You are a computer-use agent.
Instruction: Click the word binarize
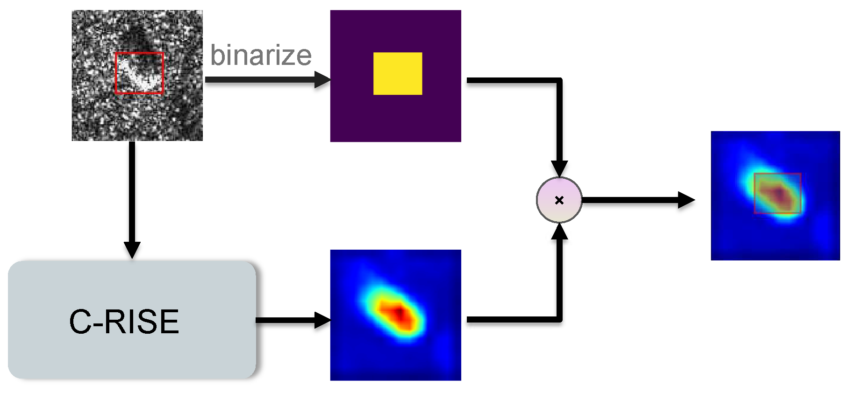tap(261, 56)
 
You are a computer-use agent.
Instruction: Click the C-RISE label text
tap(124, 322)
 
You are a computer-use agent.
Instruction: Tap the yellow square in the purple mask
tap(398, 74)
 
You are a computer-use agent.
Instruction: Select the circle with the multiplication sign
tap(559, 200)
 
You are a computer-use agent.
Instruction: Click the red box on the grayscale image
tap(139, 73)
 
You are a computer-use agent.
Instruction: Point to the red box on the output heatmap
tap(778, 193)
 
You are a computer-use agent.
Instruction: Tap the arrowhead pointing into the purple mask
tap(322, 80)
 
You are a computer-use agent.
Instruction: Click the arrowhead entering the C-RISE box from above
tap(132, 249)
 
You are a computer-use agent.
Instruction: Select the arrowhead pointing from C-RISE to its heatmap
tap(322, 320)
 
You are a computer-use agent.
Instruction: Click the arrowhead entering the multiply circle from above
tap(559, 168)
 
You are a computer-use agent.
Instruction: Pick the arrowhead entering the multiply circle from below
tap(559, 232)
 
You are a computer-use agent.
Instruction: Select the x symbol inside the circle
tap(559, 200)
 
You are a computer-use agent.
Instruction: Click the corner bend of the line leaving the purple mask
tap(559, 81)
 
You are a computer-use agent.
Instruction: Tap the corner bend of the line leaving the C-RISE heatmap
tap(559, 320)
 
